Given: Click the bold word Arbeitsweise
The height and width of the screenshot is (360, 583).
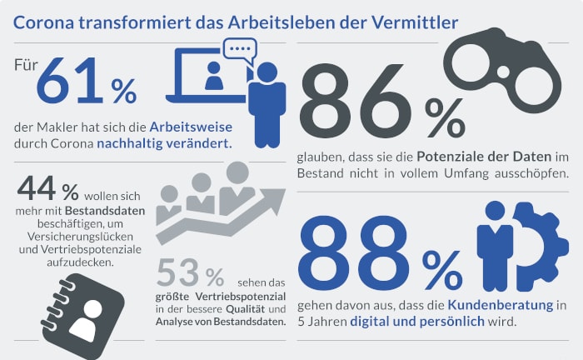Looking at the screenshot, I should [x=191, y=127].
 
